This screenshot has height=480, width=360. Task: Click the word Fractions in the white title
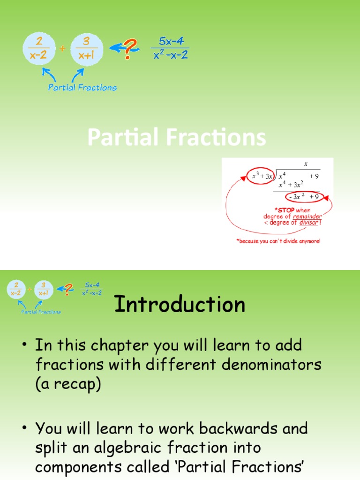click(215, 138)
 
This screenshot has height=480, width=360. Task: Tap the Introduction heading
click(180, 305)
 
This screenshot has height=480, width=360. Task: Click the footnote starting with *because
click(278, 241)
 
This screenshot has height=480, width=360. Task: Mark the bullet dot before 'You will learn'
click(23, 428)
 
